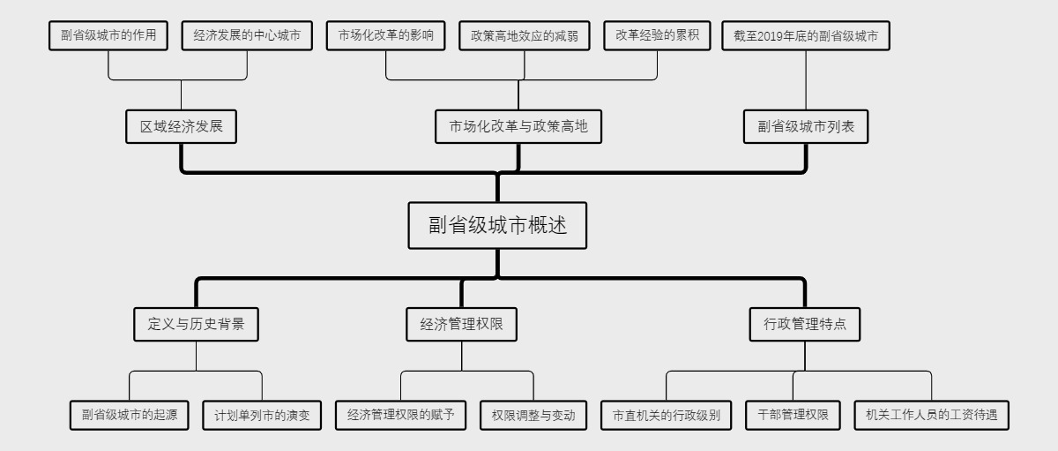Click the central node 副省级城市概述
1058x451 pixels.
tap(498, 225)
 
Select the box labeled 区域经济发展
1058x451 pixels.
tap(182, 127)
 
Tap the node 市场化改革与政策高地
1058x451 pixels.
tap(518, 127)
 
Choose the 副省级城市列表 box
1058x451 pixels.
tap(806, 127)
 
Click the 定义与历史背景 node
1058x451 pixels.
tap(196, 324)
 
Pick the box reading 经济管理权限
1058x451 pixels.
tap(461, 324)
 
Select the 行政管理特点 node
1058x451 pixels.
tap(804, 324)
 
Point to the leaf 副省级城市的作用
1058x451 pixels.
tap(108, 36)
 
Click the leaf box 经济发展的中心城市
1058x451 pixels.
tap(247, 36)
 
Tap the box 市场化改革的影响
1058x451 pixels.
tap(386, 36)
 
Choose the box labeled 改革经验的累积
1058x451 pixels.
tap(657, 36)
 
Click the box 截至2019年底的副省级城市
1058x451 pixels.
tap(806, 36)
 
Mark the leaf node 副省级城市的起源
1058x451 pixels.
tap(130, 414)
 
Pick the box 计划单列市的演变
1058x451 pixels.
tap(262, 414)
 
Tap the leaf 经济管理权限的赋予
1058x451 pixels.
tap(400, 414)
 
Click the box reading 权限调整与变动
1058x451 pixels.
tap(533, 414)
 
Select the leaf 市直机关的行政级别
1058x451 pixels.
tap(667, 414)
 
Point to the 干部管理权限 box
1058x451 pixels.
tap(793, 414)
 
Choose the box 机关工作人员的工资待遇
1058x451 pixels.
tap(931, 414)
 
